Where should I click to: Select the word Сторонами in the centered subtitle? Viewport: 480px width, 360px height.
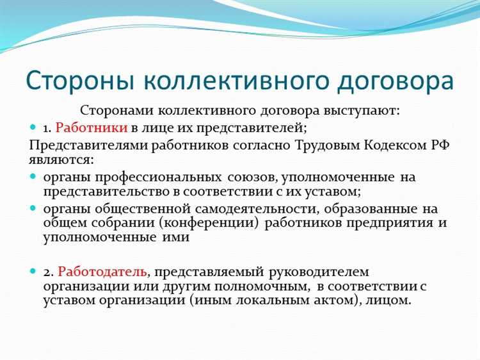click(118, 111)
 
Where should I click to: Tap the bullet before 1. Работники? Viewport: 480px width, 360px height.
click(35, 127)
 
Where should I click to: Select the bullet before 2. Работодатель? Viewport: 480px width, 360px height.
click(35, 272)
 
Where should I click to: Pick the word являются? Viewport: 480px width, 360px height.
click(61, 159)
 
